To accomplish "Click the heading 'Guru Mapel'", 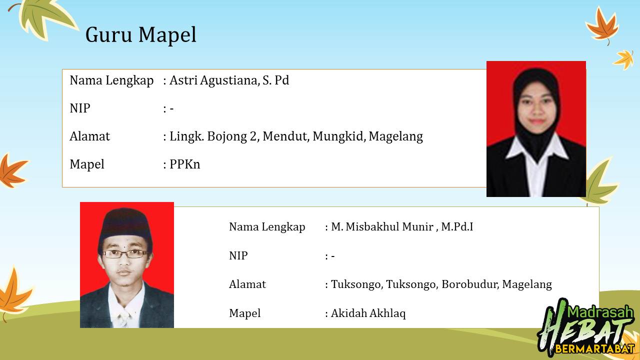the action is (x=141, y=35).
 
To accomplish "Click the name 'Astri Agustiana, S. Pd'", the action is (x=229, y=80).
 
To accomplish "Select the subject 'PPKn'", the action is (x=185, y=164).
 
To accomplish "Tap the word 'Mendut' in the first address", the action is (x=286, y=136).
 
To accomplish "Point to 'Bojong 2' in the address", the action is (x=232, y=136).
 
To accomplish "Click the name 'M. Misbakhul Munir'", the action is (x=382, y=227).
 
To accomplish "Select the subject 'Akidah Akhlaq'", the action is (x=368, y=313).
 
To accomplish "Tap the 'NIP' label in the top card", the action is (x=80, y=108).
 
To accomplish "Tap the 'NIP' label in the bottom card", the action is (x=238, y=255).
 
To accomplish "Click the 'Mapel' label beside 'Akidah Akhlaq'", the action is (x=245, y=313).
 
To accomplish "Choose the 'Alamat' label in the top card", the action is (x=89, y=136).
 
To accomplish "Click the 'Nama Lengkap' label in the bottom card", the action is (x=267, y=227).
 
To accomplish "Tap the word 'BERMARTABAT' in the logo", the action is (x=595, y=349).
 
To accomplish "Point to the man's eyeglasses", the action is (x=125, y=253).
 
